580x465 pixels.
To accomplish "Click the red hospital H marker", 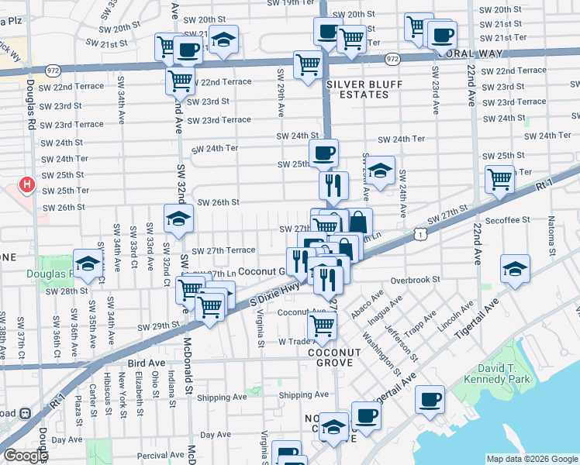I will [27, 185].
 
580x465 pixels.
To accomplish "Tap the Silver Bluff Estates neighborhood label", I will [357, 88].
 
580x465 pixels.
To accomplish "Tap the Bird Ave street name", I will [147, 363].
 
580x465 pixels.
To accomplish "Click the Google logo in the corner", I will [25, 456].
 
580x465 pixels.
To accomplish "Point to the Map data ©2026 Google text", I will [531, 459].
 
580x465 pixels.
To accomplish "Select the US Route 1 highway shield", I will [419, 232].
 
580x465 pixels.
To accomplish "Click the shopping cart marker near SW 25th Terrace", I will [499, 179].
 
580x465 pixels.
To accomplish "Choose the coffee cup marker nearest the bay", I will [430, 400].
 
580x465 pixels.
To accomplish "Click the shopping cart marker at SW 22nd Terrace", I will [181, 80].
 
